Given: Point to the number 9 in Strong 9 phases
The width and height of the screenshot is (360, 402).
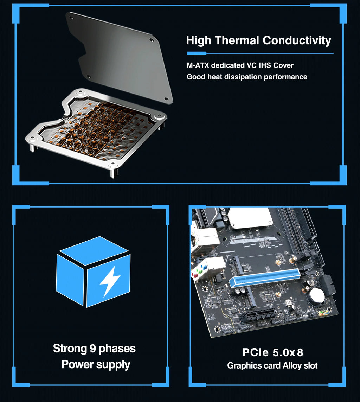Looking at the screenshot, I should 92,349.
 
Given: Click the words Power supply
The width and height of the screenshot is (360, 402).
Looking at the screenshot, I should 96,364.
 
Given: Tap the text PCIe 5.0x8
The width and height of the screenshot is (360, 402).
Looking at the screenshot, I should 272,352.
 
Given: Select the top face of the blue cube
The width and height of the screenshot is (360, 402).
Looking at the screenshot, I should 94,250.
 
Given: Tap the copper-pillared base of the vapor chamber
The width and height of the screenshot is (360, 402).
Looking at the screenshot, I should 95,130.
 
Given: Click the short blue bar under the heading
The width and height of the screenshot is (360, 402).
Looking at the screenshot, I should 196,53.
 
